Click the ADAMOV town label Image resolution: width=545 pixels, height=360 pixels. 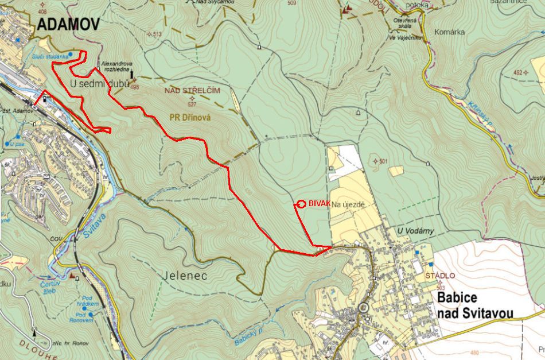coord(68,24)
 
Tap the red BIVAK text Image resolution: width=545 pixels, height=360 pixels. coord(319,203)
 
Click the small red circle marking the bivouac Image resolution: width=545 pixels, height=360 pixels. coord(302,203)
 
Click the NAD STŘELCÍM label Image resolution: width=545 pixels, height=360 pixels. coord(192,91)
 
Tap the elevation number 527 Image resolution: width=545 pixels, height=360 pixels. coord(192,104)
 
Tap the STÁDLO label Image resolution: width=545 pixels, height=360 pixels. coord(440,276)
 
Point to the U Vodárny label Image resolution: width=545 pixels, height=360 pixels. coord(415,231)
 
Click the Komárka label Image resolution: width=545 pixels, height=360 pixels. coord(449,32)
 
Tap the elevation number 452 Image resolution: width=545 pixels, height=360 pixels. coord(520,73)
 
